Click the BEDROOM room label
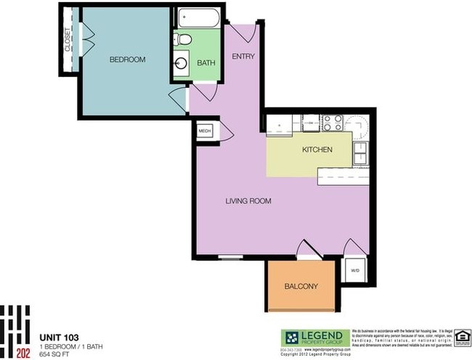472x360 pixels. (127, 60)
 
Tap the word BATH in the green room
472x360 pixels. (207, 64)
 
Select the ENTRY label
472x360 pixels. (243, 56)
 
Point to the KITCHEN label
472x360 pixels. (317, 150)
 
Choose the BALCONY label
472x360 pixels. (301, 286)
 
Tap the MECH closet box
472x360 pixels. (205, 131)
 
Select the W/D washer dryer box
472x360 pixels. (355, 271)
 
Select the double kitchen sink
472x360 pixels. (360, 153)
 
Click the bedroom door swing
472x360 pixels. (179, 101)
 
